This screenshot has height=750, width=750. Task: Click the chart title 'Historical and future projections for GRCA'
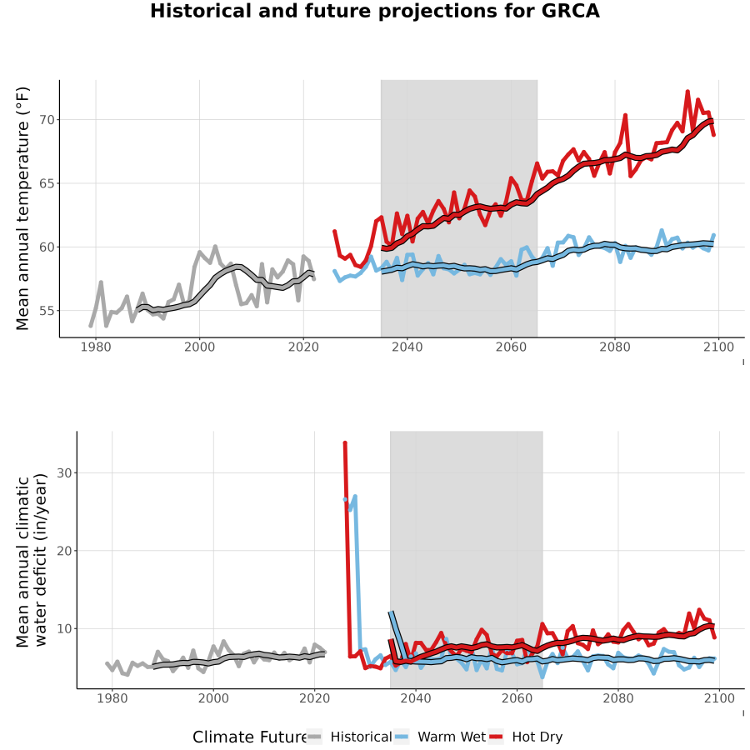(374, 11)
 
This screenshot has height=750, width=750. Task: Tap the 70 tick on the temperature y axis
(47, 119)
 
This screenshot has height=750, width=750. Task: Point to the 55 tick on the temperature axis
(47, 311)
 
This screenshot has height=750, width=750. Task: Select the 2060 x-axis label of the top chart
(511, 347)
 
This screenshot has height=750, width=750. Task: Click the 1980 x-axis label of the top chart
(96, 347)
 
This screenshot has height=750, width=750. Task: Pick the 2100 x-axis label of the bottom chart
(719, 698)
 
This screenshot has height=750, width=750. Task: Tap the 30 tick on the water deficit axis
(64, 472)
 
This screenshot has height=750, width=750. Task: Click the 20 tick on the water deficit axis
(64, 551)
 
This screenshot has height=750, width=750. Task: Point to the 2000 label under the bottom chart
(213, 698)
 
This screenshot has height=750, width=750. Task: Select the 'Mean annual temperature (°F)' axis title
(22, 208)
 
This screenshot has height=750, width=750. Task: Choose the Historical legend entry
(349, 737)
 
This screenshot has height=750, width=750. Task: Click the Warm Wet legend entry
(440, 737)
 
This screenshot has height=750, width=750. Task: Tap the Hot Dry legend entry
(526, 737)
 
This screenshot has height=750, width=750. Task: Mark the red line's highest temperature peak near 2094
(687, 91)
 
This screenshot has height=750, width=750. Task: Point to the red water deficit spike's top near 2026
(345, 443)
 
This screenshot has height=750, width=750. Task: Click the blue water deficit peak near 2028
(355, 497)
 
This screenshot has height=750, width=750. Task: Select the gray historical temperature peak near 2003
(215, 247)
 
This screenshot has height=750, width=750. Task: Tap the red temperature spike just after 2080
(625, 115)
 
